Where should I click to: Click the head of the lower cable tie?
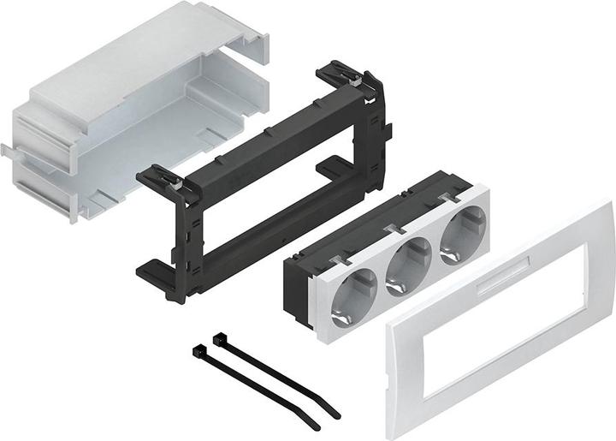(x=200, y=351)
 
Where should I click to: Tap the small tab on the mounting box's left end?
(x=6, y=150)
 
